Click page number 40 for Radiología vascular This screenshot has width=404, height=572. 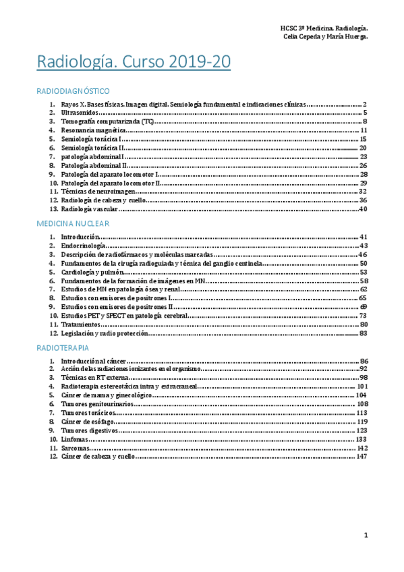[362, 209]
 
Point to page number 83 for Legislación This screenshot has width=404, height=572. [363, 333]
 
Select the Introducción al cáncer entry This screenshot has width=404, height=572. [94, 362]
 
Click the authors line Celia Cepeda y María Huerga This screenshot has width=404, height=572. [326, 37]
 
